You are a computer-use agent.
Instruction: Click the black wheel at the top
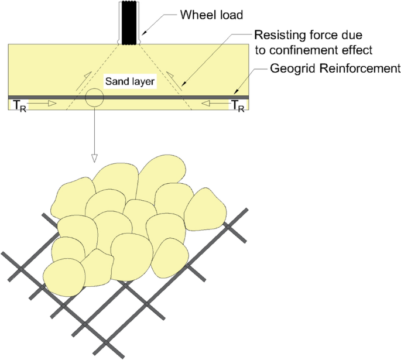[x=129, y=23]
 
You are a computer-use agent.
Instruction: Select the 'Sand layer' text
[x=130, y=82]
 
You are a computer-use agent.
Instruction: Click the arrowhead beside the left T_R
[x=52, y=104]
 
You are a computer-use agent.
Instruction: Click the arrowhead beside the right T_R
[x=205, y=104]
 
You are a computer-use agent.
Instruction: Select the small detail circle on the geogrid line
[x=94, y=97]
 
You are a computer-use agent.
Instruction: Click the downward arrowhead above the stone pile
[x=94, y=158]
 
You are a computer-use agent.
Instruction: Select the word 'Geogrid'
[x=289, y=68]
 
